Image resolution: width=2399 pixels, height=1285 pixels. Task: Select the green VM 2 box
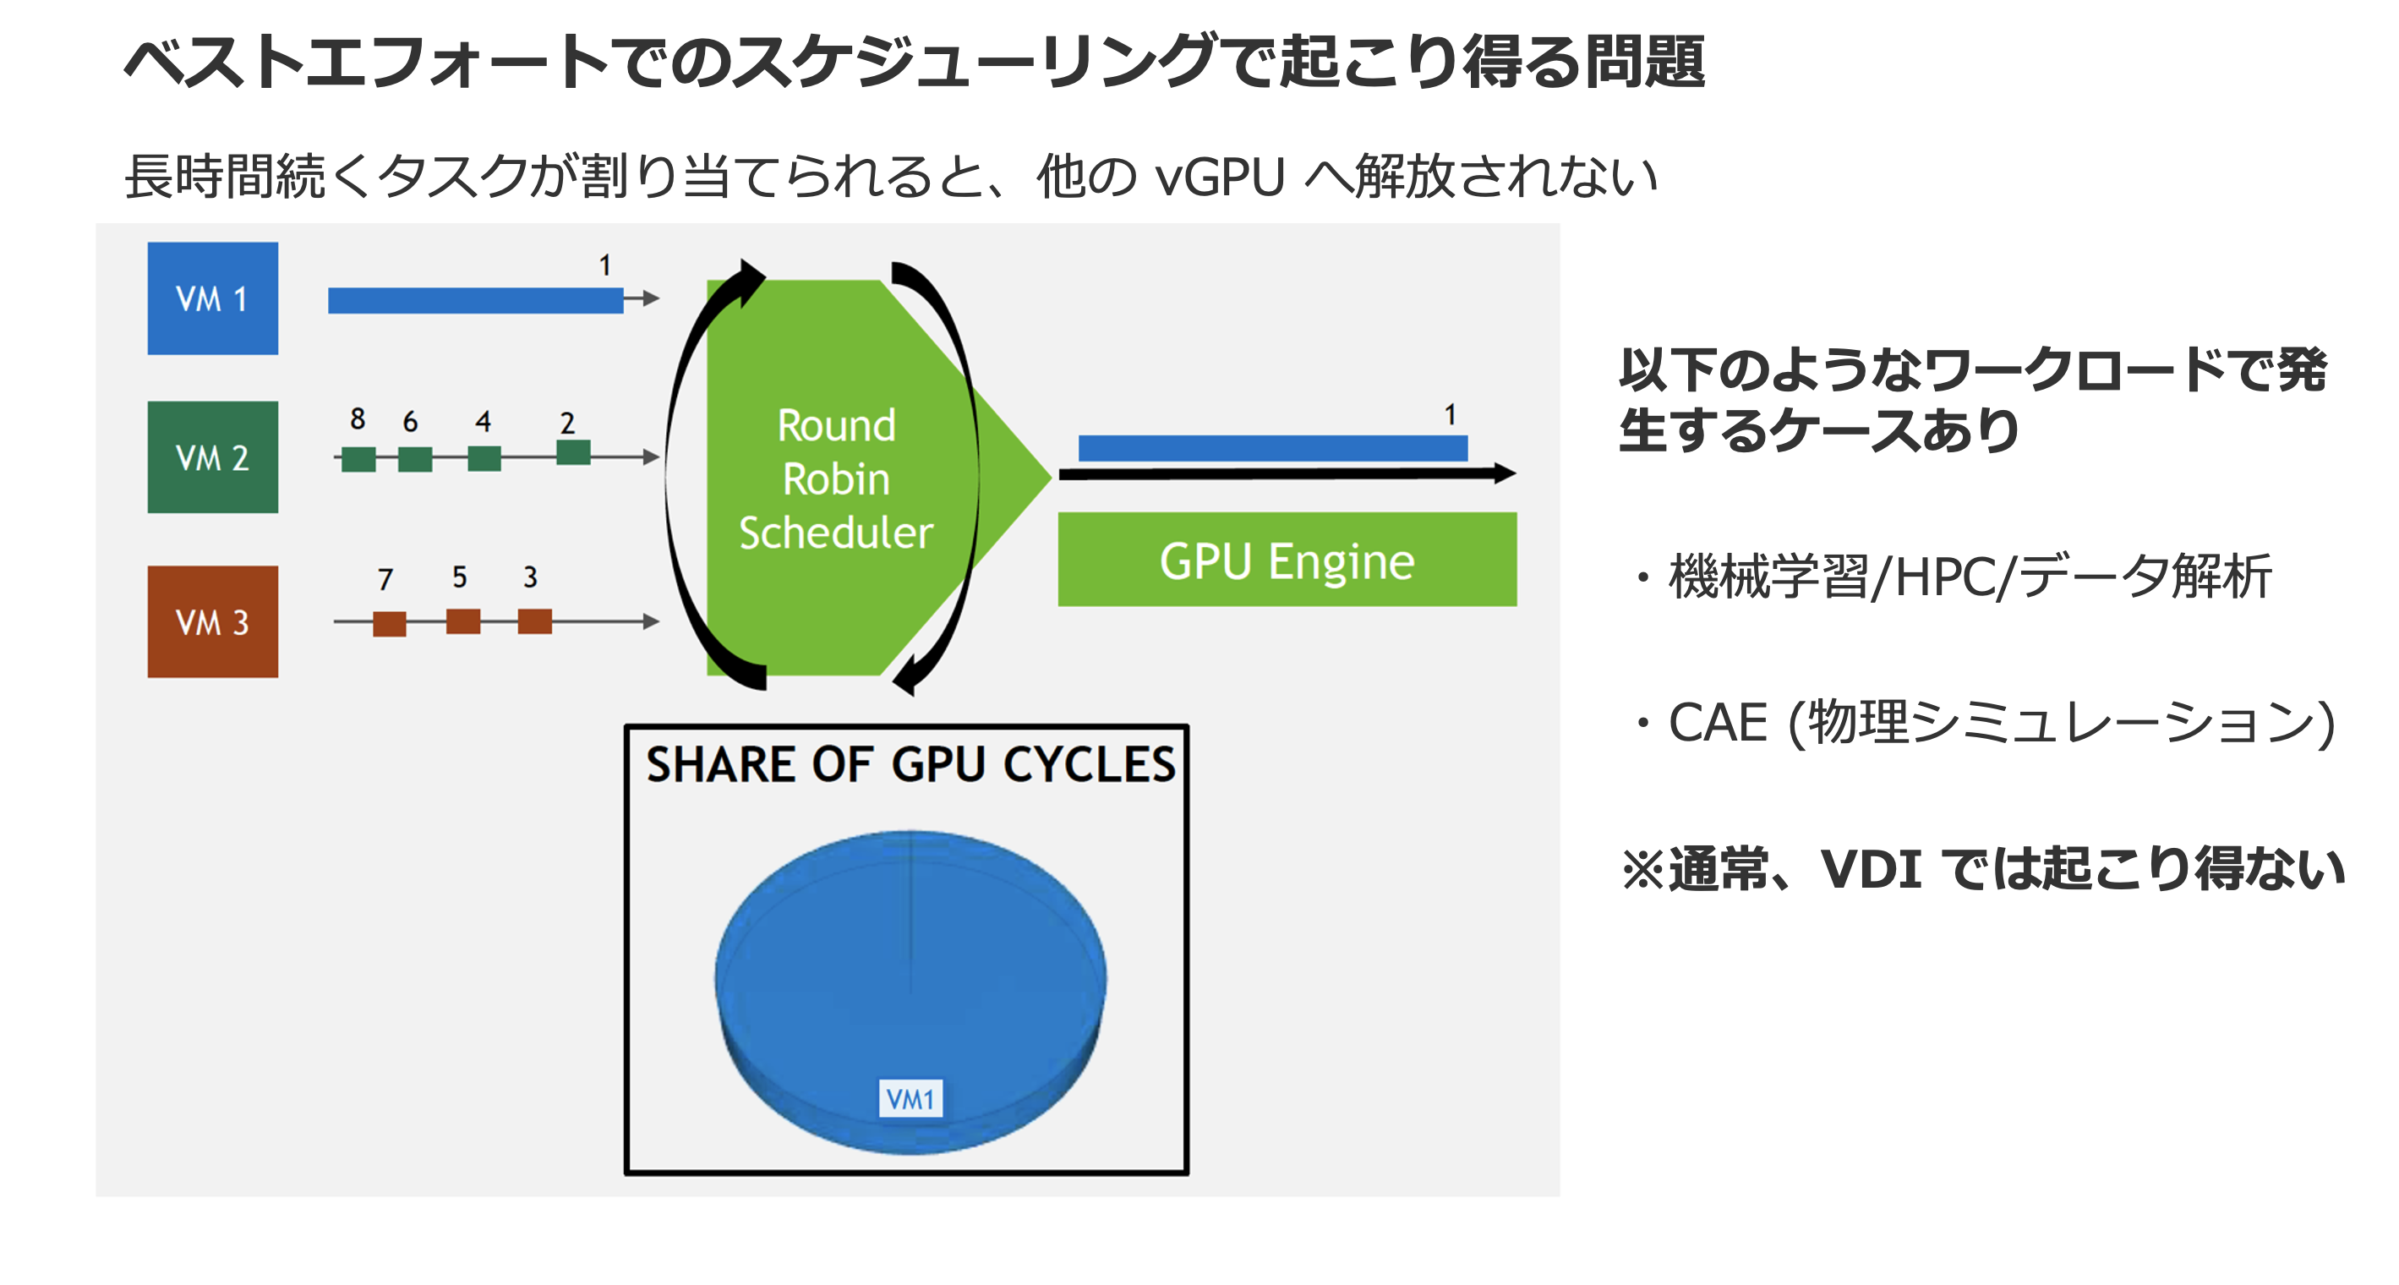point(212,457)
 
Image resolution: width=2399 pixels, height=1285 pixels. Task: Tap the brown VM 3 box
point(212,621)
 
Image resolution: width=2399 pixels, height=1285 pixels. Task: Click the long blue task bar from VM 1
point(475,300)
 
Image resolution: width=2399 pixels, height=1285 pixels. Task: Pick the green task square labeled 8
point(358,458)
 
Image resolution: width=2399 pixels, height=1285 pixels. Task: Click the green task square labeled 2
point(573,452)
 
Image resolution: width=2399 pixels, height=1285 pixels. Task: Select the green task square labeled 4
point(484,457)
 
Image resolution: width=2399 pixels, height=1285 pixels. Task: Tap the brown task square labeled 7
point(390,623)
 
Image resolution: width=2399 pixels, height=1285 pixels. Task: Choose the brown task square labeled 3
point(534,621)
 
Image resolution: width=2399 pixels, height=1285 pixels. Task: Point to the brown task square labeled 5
point(463,621)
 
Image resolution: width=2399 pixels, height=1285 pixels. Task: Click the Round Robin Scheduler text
point(835,478)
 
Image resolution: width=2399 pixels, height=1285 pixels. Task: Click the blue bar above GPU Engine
point(1272,448)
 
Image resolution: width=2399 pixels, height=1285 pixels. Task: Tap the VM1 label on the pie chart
point(910,1099)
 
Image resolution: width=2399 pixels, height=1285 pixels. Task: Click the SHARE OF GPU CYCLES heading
point(910,764)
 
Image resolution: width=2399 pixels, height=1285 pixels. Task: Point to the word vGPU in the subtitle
point(1218,176)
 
